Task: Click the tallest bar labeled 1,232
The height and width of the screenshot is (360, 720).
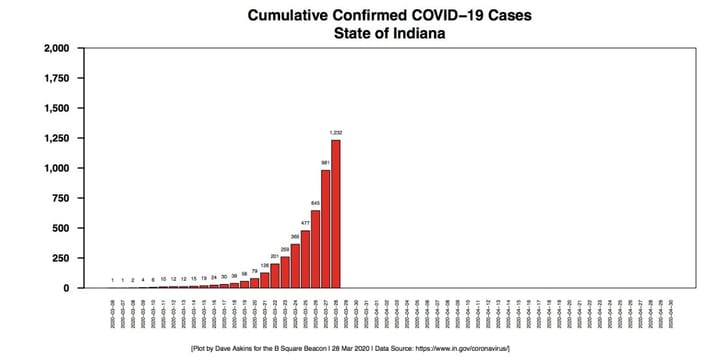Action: click(x=336, y=214)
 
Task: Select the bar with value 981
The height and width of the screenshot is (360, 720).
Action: click(x=325, y=229)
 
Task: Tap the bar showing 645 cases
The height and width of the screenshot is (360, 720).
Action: click(x=315, y=249)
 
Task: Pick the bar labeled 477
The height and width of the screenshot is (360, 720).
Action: click(x=305, y=259)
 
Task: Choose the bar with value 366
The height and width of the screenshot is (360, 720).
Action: click(x=295, y=266)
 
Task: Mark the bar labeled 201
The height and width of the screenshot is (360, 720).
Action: click(x=275, y=276)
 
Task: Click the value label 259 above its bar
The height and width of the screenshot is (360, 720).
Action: click(x=285, y=248)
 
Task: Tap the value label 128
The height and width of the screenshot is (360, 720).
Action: click(x=265, y=264)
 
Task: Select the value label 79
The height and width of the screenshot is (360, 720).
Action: click(x=254, y=270)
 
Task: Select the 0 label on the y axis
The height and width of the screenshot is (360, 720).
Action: click(x=67, y=288)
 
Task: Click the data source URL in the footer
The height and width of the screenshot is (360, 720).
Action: click(x=461, y=347)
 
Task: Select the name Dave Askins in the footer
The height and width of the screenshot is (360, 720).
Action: click(x=273, y=347)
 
